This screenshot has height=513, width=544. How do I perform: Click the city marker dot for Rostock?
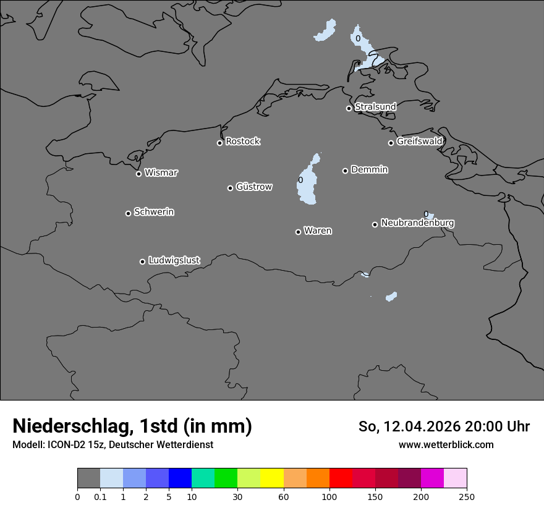pyautogui.click(x=219, y=143)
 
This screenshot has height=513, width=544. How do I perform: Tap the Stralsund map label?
pyautogui.click(x=375, y=107)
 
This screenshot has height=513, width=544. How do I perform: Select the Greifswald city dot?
pyautogui.click(x=391, y=143)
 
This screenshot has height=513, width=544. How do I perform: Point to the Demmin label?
pyautogui.click(x=369, y=169)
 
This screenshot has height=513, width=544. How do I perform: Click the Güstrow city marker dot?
pyautogui.click(x=230, y=188)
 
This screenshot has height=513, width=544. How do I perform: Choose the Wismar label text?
pyautogui.click(x=161, y=172)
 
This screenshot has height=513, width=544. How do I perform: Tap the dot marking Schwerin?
pyautogui.click(x=128, y=213)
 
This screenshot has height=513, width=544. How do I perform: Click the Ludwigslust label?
pyautogui.click(x=174, y=260)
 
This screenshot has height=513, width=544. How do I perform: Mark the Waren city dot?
pyautogui.click(x=298, y=232)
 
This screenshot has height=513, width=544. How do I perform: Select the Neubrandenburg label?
pyautogui.click(x=417, y=223)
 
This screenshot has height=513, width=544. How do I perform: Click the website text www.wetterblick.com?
pyautogui.click(x=446, y=444)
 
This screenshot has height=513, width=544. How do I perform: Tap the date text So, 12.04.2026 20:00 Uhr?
pyautogui.click(x=444, y=426)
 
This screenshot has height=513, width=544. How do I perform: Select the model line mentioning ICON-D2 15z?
pyautogui.click(x=113, y=444)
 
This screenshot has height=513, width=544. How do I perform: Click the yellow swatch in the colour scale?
pyautogui.click(x=272, y=478)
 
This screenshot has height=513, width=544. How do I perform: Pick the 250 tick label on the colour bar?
pyautogui.click(x=467, y=496)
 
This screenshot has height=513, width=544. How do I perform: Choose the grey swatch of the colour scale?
pyautogui.click(x=88, y=478)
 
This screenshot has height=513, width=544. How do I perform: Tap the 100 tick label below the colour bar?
pyautogui.click(x=329, y=496)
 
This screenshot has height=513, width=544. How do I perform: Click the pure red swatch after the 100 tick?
pyautogui.click(x=341, y=478)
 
